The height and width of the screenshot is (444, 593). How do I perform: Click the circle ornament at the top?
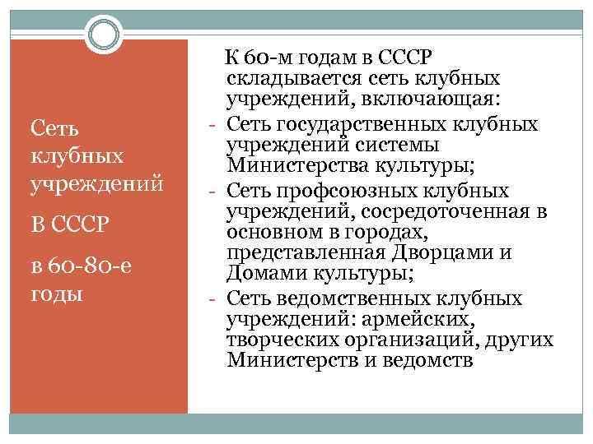click(x=103, y=35)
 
